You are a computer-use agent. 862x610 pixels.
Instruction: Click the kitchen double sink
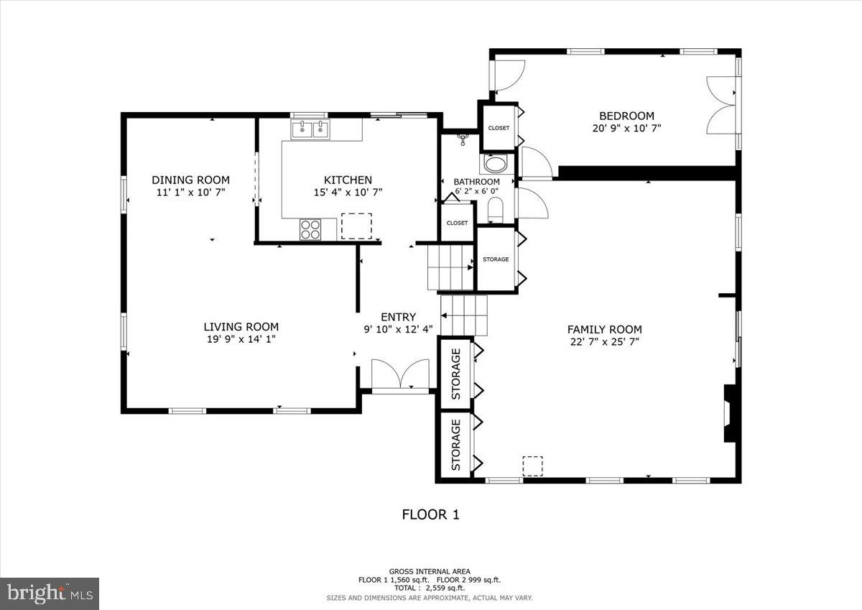pos(310,129)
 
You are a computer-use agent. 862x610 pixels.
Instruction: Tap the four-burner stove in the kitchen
pos(310,229)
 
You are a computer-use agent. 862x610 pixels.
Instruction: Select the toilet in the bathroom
pos(496,211)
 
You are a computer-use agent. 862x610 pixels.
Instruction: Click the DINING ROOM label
pos(190,180)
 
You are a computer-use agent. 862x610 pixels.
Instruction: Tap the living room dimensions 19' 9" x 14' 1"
pos(241,338)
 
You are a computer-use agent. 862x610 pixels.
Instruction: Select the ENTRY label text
pos(398,317)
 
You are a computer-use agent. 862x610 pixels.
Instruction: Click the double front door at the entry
pos(400,376)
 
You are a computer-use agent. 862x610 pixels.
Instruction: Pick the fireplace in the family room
pos(730,414)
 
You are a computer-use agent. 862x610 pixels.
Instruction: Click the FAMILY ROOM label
pos(604,330)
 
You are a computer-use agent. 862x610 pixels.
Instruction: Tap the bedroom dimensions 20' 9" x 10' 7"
pos(626,129)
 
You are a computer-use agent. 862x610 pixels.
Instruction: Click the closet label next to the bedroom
pos(499,128)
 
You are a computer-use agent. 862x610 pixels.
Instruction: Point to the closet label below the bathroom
pos(457,223)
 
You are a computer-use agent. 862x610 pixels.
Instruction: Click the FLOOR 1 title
pos(430,514)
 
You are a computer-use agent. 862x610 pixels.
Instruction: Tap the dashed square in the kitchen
pos(356,226)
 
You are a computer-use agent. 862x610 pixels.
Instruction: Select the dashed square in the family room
pos(532,466)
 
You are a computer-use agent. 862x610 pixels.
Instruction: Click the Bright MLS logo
pos(50,593)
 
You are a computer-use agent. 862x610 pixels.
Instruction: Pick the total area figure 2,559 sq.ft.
pos(430,588)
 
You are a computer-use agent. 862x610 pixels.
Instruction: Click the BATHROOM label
pos(476,182)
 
